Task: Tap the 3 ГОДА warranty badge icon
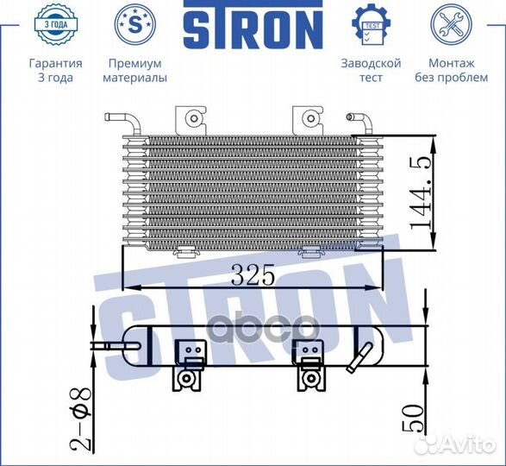coord(55,25)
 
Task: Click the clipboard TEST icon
coord(371,25)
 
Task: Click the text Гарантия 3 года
coord(55,70)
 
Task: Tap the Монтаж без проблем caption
coord(451,70)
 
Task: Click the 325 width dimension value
coord(252,275)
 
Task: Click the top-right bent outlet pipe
coord(364,124)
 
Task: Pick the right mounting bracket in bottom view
coord(309,362)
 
